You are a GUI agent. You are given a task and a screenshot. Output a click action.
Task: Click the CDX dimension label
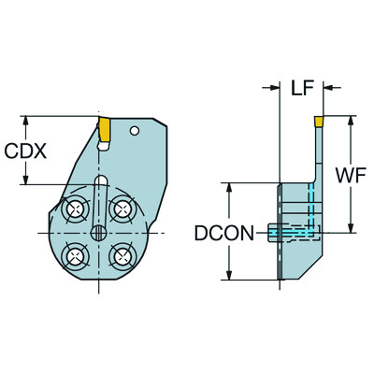27,151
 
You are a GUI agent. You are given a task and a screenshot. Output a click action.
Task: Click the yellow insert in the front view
105,127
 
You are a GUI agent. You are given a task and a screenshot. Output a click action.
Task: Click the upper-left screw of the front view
74,210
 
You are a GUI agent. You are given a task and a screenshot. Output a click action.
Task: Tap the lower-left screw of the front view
74,255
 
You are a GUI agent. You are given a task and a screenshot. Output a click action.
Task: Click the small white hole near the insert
137,129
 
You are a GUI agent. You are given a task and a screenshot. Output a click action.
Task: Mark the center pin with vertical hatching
97,232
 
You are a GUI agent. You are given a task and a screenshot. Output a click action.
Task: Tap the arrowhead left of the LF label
275,89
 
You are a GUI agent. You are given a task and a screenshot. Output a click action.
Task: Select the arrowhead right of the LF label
325,89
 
